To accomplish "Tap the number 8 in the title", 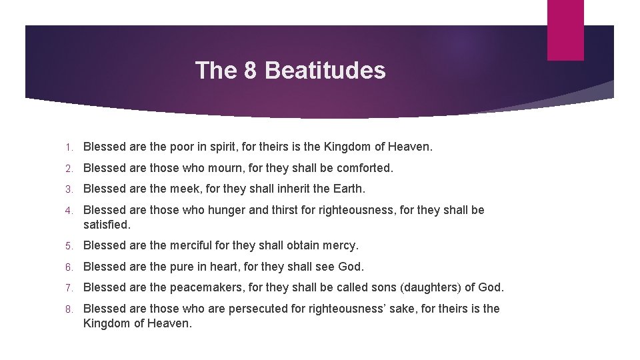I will point(251,70).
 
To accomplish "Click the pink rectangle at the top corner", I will point(565,30).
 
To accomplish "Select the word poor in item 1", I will point(183,146).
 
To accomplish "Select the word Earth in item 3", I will point(349,189).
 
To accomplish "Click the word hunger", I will point(227,210).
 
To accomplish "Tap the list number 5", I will point(68,245).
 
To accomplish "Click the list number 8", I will point(68,309).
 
